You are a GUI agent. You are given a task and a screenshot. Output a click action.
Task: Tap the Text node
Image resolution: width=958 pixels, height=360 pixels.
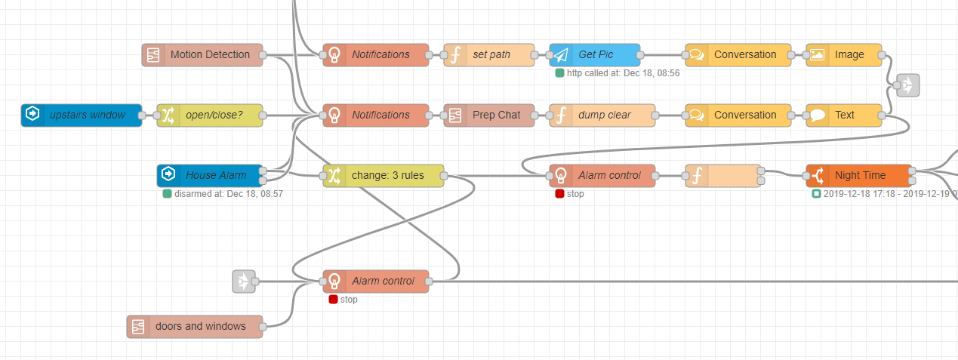click(x=844, y=115)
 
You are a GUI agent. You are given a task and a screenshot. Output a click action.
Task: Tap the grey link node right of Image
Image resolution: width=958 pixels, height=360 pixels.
click(x=908, y=86)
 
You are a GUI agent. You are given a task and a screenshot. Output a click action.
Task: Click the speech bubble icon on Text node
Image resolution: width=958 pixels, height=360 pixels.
click(x=818, y=115)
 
